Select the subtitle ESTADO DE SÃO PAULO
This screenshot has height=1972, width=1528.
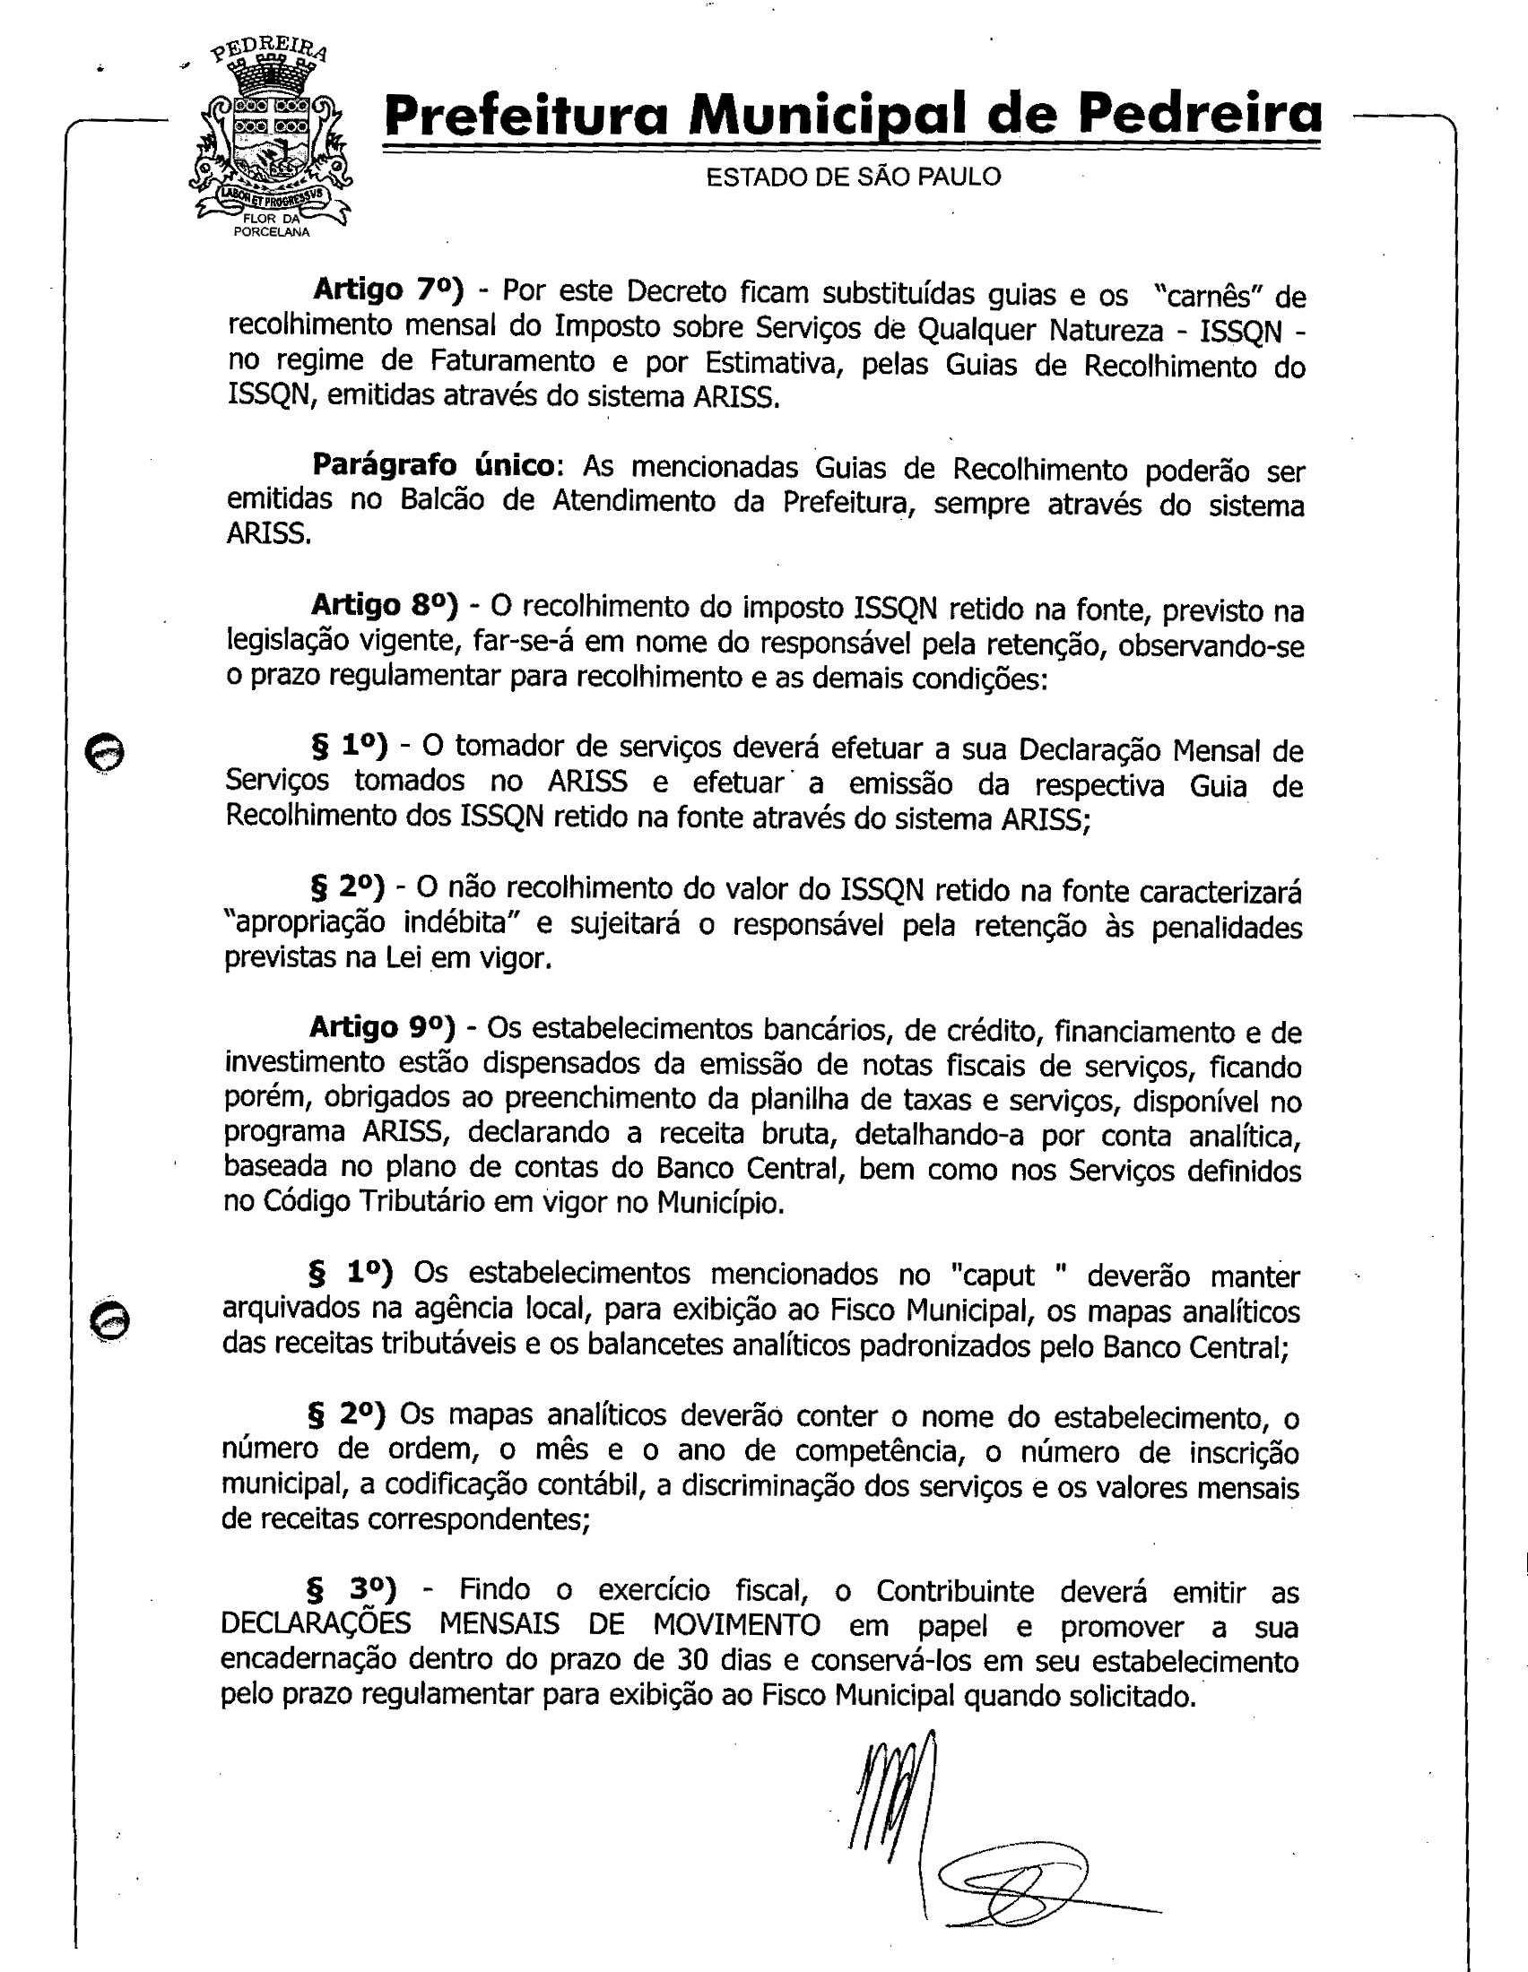pyautogui.click(x=853, y=177)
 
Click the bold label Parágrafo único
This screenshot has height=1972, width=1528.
pyautogui.click(x=432, y=465)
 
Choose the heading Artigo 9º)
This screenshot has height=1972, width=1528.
pyautogui.click(x=382, y=1026)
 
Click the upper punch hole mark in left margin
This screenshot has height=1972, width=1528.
pyautogui.click(x=105, y=751)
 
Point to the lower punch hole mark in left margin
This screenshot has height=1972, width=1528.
pyautogui.click(x=110, y=1321)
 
